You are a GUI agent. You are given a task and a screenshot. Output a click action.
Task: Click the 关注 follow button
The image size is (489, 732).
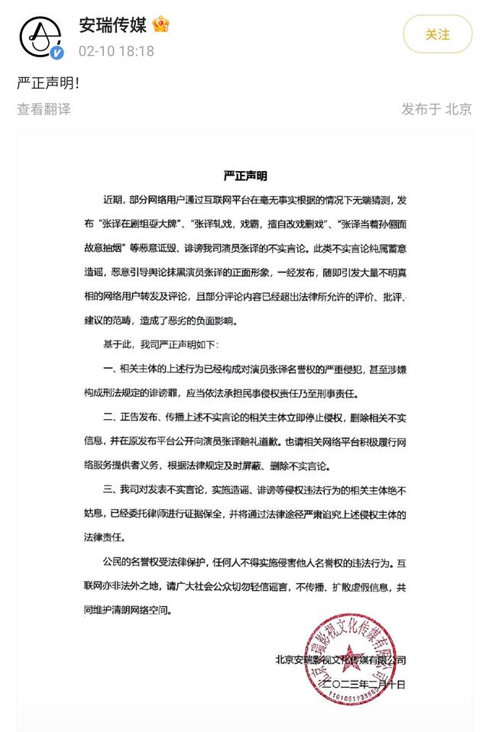click(x=438, y=34)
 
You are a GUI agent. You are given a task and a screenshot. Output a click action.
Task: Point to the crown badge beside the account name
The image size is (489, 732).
click(x=160, y=24)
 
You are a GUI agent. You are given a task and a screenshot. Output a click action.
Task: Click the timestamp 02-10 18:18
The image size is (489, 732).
click(x=116, y=51)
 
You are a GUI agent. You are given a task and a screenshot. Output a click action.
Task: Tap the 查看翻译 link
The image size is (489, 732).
click(x=44, y=109)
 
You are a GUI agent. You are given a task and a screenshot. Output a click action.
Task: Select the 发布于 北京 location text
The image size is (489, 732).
click(x=436, y=109)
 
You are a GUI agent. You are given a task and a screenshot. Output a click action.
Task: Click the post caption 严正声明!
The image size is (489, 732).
click(x=47, y=82)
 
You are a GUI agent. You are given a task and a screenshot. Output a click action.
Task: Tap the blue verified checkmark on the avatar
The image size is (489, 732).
click(x=57, y=52)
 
